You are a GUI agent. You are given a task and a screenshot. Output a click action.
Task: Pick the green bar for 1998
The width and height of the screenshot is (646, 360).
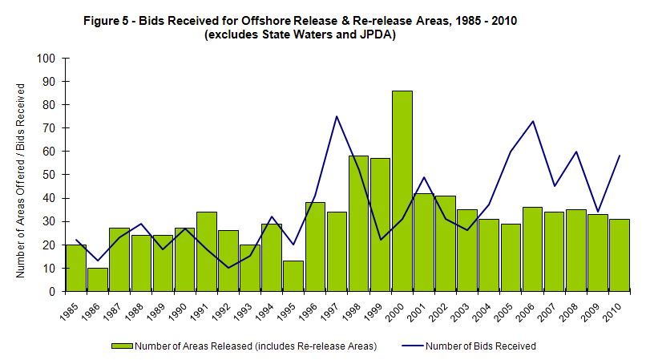click(x=358, y=224)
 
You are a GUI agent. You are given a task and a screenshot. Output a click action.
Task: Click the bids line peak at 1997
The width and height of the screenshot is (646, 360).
click(x=337, y=116)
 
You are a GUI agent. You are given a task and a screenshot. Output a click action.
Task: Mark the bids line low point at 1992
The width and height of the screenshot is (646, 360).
click(x=228, y=268)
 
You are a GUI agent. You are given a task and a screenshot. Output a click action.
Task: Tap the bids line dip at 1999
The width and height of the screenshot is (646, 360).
click(x=380, y=240)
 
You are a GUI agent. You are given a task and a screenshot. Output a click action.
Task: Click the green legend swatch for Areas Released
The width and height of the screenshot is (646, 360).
click(x=122, y=346)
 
